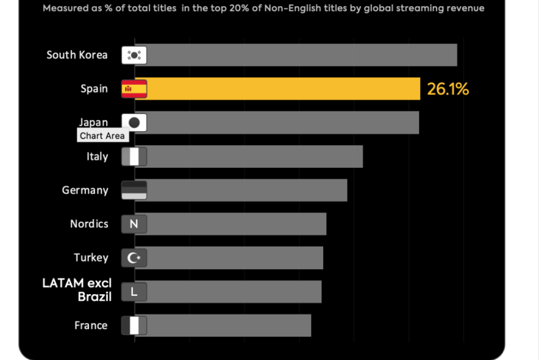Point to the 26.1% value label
click(x=448, y=89)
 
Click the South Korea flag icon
click(x=134, y=55)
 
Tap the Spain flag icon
click(x=134, y=89)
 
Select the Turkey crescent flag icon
click(x=134, y=258)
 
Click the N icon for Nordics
click(x=134, y=224)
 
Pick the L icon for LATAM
click(x=134, y=292)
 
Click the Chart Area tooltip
click(x=103, y=136)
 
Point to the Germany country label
click(x=85, y=190)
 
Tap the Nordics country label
click(x=90, y=224)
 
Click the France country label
click(x=91, y=326)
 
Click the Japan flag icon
click(x=134, y=123)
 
